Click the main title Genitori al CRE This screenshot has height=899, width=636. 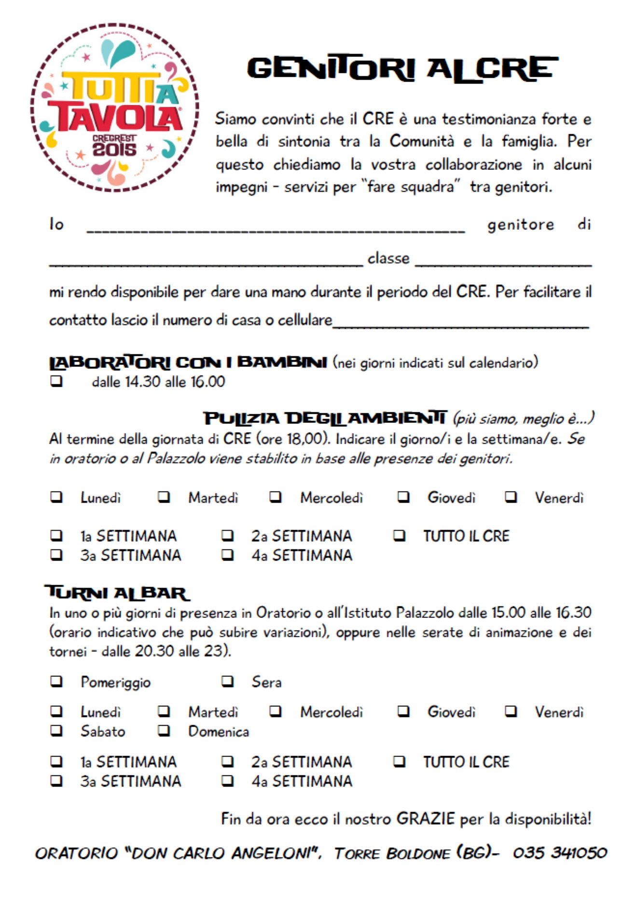(x=402, y=69)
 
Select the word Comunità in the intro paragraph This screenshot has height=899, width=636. (x=422, y=141)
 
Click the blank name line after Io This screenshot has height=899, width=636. (x=276, y=227)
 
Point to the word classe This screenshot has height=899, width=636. (x=388, y=258)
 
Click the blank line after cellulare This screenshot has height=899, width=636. (x=461, y=323)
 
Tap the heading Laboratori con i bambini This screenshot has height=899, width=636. (x=188, y=362)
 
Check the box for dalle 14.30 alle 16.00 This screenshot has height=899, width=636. (x=56, y=381)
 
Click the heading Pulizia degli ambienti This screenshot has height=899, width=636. (x=325, y=418)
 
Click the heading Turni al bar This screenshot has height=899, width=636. (x=117, y=592)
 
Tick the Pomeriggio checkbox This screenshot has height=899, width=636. (x=56, y=681)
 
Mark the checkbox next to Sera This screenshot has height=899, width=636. (x=227, y=681)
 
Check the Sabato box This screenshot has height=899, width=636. (x=56, y=730)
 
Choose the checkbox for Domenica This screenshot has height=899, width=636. (x=164, y=730)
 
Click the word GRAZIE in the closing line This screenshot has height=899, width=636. (x=425, y=818)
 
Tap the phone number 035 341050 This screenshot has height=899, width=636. (x=559, y=853)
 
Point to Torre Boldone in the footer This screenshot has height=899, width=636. (x=392, y=853)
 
